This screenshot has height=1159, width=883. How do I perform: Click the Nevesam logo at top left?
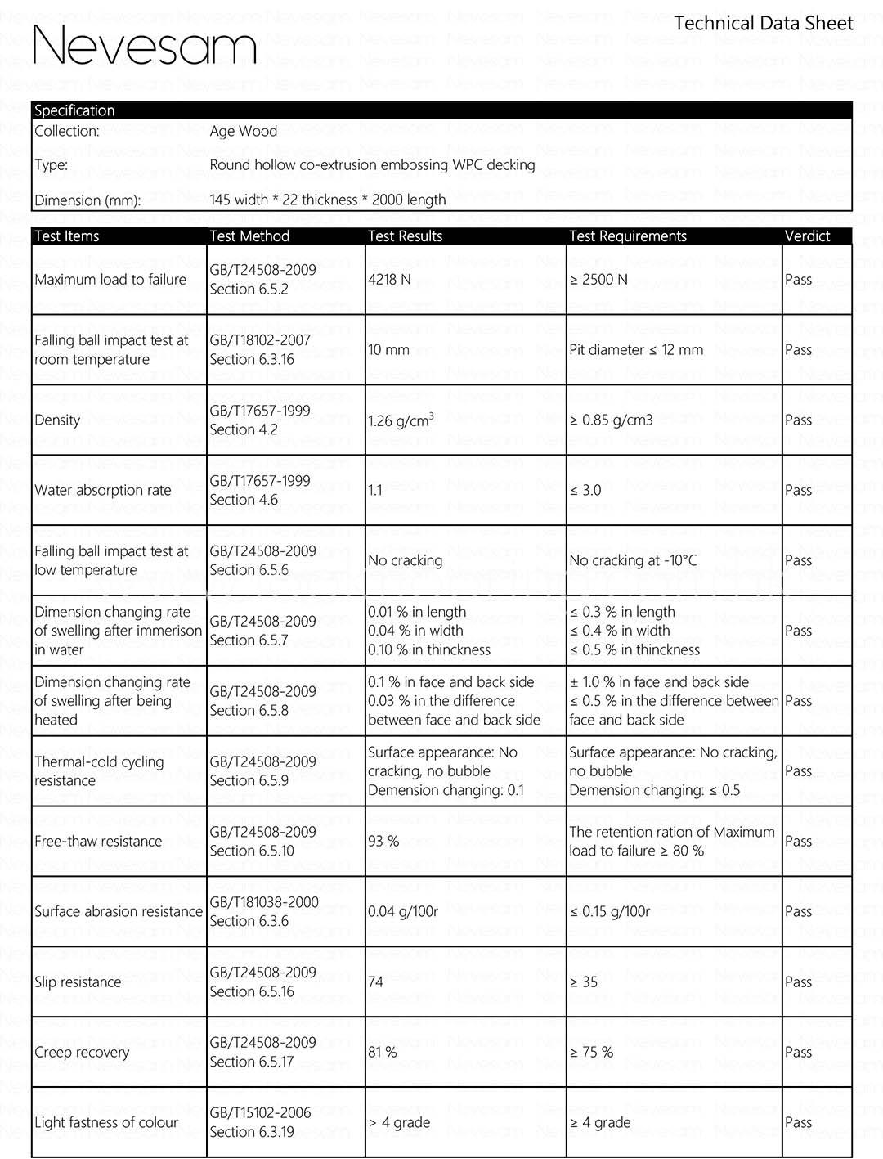144,44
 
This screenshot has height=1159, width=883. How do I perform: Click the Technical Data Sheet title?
763,24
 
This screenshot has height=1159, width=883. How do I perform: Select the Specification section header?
74,110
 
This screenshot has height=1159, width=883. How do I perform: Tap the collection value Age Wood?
243,131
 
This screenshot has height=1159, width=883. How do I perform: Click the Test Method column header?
249,236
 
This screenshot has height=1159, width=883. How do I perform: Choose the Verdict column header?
807,236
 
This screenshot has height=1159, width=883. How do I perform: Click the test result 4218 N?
389,280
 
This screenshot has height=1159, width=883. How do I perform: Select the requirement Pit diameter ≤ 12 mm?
636,350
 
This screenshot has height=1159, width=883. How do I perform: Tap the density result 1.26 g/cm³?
401,420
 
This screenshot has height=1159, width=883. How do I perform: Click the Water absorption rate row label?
103,491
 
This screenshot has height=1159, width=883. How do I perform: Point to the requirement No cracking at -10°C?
633,561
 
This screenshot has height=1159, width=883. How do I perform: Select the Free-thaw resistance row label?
98,842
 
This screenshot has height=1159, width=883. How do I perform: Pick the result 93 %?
383,842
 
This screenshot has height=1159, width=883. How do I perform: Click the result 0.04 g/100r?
403,912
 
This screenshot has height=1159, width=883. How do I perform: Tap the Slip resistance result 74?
376,982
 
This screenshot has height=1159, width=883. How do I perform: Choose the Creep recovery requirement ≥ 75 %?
591,1053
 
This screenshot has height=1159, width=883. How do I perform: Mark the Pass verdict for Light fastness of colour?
798,1123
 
